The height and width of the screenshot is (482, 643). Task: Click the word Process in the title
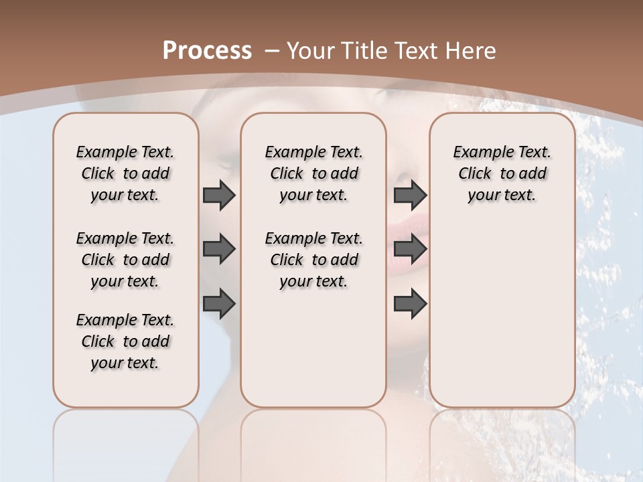[x=207, y=51]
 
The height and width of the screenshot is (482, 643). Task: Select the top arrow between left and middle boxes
[x=219, y=195]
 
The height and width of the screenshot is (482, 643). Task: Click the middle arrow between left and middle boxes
[x=219, y=250]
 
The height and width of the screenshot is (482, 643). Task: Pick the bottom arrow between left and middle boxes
[x=219, y=304]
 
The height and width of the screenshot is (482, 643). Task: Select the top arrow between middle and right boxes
[x=411, y=195]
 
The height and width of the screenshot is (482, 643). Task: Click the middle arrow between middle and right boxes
[x=411, y=250]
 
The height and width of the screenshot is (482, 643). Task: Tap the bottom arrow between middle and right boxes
[x=411, y=304]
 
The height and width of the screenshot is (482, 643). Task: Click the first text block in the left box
[x=125, y=173]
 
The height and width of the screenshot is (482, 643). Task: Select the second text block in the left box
[x=125, y=260]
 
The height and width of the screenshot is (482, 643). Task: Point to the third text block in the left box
[x=125, y=341]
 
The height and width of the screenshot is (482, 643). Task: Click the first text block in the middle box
[x=313, y=173]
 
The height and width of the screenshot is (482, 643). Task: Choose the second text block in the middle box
[x=313, y=260]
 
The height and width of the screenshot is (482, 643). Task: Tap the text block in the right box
[x=502, y=173]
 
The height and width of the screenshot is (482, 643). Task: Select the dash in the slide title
[x=271, y=51]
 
